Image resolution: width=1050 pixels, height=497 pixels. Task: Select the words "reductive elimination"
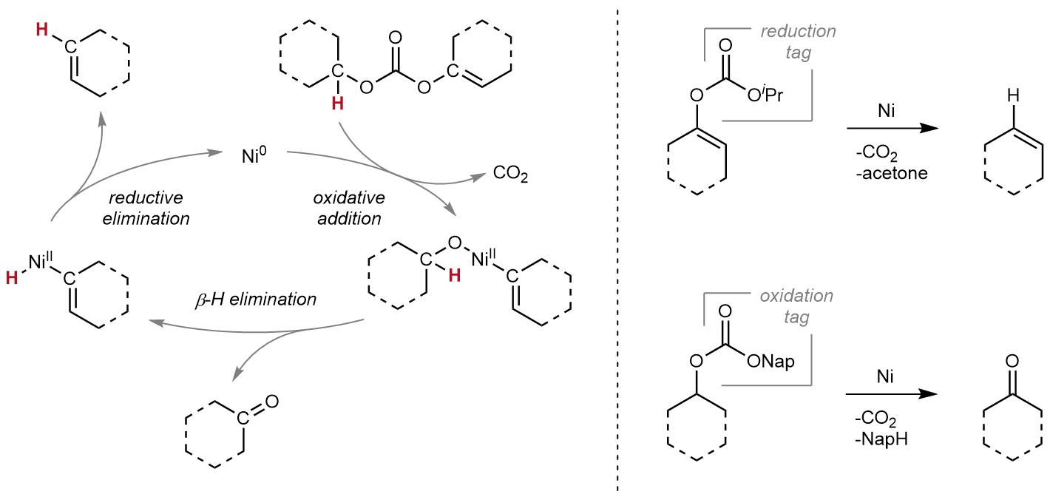[152, 209]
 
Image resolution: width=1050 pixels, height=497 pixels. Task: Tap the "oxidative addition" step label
[347, 209]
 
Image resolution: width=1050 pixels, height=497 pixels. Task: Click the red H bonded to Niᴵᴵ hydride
[11, 277]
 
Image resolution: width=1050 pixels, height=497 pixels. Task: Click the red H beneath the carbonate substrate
[337, 105]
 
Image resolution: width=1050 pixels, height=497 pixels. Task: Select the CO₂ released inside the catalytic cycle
[510, 175]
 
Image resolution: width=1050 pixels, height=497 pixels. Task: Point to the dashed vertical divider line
[617, 248]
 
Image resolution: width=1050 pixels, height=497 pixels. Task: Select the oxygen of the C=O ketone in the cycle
[271, 402]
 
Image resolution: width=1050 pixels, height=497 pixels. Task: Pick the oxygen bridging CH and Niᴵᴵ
[453, 243]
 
